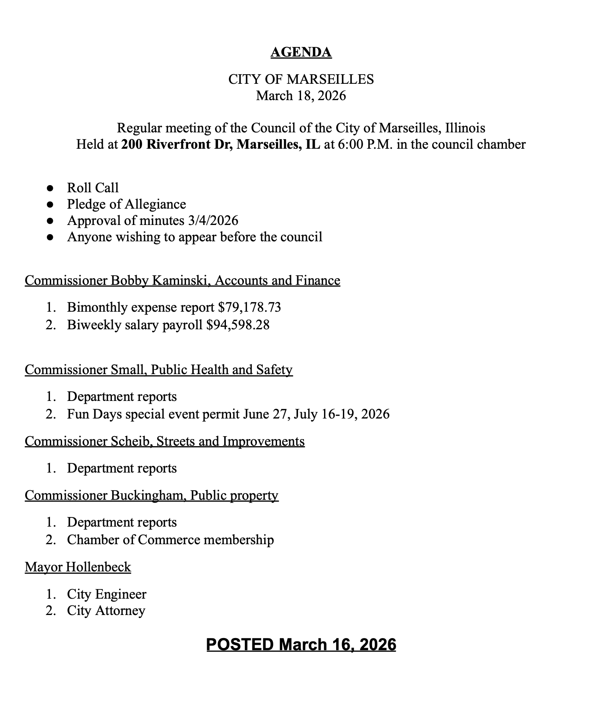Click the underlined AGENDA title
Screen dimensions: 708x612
point(301,52)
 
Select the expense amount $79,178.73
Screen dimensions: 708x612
point(249,307)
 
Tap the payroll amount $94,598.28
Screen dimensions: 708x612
point(238,325)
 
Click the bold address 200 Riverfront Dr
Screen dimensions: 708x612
point(177,145)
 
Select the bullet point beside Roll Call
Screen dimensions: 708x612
point(50,188)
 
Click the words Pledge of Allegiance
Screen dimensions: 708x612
point(126,204)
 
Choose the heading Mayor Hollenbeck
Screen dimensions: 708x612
point(78,567)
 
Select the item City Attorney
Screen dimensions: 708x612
point(106,611)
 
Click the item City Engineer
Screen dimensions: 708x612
point(106,594)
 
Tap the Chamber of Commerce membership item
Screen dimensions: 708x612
point(170,540)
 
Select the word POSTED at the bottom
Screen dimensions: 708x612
point(240,644)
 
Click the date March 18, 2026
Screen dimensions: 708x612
point(301,96)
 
